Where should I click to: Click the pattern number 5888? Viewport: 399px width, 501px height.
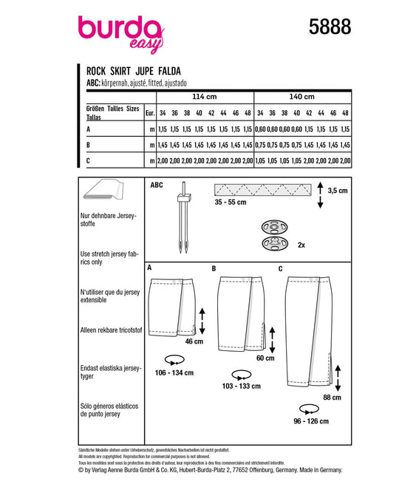pyautogui.click(x=330, y=27)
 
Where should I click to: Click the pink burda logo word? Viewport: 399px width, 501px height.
pyautogui.click(x=119, y=29)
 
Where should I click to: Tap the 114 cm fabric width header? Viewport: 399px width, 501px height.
pyautogui.click(x=205, y=97)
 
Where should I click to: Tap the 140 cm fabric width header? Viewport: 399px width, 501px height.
pyautogui.click(x=302, y=97)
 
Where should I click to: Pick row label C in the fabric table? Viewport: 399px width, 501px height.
pyautogui.click(x=88, y=160)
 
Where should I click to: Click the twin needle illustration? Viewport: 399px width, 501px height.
pyautogui.click(x=184, y=217)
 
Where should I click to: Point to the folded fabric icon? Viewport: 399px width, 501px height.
pyautogui.click(x=103, y=189)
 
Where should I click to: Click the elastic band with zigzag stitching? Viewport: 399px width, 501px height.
pyautogui.click(x=262, y=190)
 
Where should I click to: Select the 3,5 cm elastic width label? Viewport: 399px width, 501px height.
pyautogui.click(x=338, y=191)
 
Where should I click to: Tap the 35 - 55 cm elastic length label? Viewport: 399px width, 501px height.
pyautogui.click(x=231, y=202)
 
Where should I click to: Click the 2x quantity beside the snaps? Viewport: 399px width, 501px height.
pyautogui.click(x=301, y=245)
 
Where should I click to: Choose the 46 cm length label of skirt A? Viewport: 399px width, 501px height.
pyautogui.click(x=194, y=341)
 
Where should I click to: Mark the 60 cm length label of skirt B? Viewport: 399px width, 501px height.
pyautogui.click(x=265, y=358)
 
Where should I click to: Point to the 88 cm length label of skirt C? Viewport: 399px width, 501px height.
pyautogui.click(x=332, y=398)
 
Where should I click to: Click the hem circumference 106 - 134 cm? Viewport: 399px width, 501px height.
pyautogui.click(x=174, y=373)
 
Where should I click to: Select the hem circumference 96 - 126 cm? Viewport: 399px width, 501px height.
pyautogui.click(x=311, y=421)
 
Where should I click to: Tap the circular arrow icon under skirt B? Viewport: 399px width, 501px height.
pyautogui.click(x=242, y=375)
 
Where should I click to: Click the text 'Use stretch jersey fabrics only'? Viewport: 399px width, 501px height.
pyautogui.click(x=109, y=258)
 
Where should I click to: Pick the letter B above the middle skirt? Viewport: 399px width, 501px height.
pyautogui.click(x=214, y=269)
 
